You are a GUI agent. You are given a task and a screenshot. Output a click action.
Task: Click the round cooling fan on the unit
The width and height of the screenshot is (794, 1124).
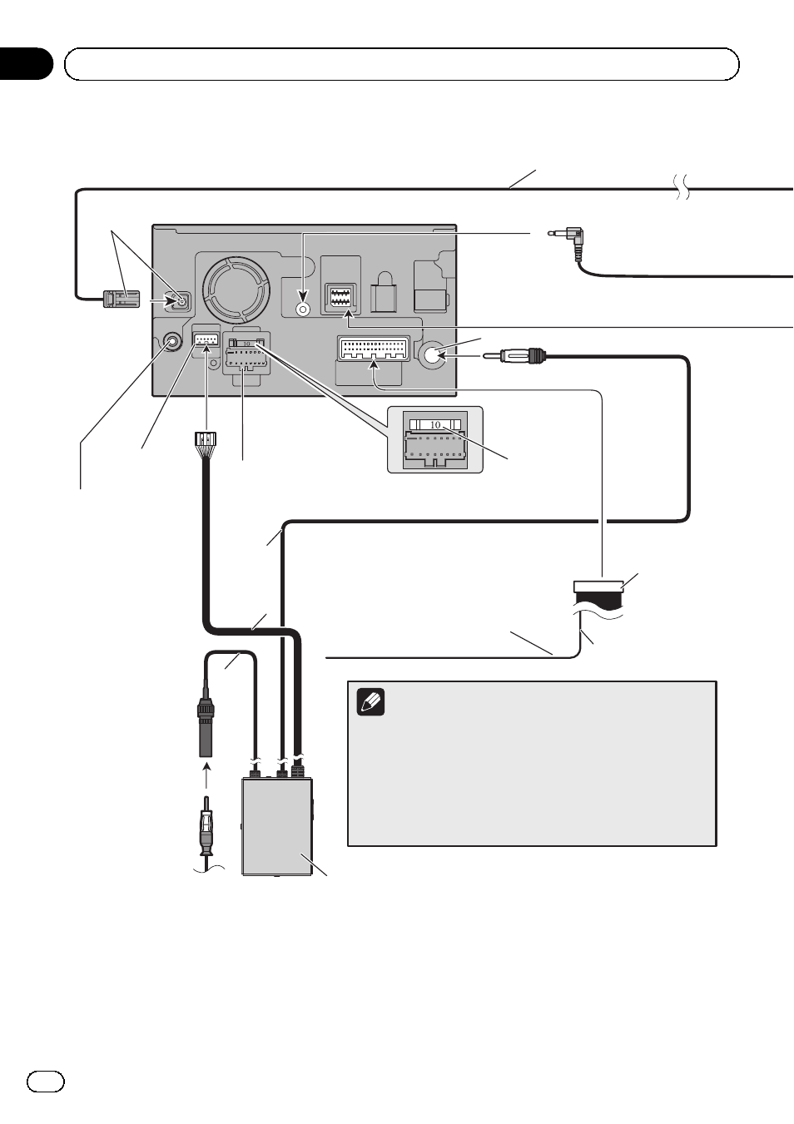(x=236, y=290)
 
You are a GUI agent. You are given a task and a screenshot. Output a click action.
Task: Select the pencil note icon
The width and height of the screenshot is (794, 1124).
(x=370, y=701)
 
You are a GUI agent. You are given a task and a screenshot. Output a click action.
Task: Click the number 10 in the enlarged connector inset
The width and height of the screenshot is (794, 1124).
(x=435, y=424)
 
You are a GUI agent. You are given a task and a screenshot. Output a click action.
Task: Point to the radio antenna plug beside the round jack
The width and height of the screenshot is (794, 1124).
(x=514, y=356)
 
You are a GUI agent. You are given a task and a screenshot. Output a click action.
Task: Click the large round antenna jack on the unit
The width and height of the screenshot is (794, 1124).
(x=434, y=355)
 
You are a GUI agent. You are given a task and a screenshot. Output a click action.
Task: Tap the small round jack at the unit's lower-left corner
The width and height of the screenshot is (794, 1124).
(x=172, y=342)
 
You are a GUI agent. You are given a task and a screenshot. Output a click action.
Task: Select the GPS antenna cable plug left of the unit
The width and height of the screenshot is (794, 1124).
(x=122, y=300)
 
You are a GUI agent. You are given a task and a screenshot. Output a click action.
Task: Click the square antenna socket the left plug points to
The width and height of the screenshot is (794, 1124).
(x=181, y=301)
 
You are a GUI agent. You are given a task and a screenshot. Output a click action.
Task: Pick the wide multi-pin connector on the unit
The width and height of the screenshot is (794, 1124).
(x=375, y=349)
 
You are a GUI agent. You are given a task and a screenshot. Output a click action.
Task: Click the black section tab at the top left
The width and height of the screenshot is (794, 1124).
(x=25, y=64)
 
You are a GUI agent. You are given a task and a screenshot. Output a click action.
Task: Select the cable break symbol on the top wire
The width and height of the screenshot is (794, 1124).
(x=682, y=188)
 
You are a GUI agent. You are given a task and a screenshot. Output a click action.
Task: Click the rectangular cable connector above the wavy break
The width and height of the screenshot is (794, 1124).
(x=598, y=587)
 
